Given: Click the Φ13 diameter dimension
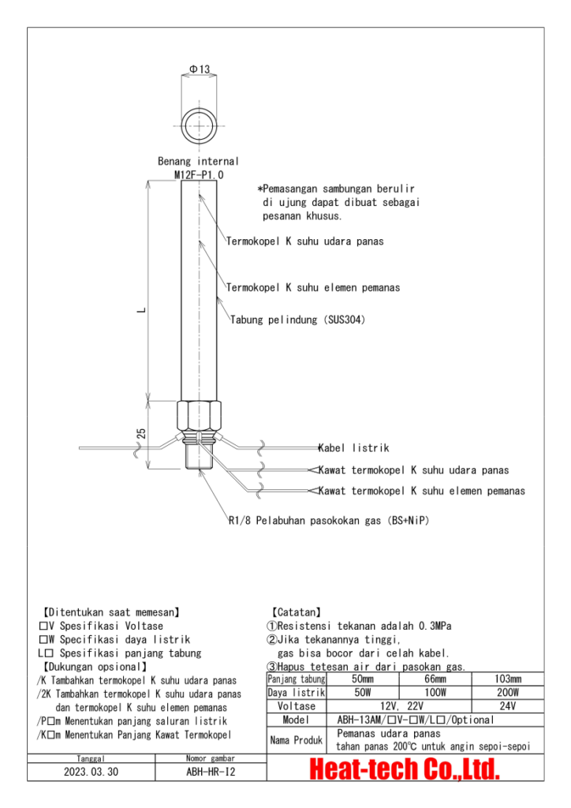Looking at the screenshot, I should (200, 69).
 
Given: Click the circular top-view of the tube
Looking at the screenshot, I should (200, 125).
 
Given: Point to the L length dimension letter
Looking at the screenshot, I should (140, 309).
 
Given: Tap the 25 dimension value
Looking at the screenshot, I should (141, 433).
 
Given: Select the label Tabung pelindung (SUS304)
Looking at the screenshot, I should (298, 320).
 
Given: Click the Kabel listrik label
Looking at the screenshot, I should (353, 447).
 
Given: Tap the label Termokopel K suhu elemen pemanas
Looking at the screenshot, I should (313, 287).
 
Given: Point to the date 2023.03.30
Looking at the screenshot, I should (91, 772).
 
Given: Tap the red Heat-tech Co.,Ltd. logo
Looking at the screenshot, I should (405, 769).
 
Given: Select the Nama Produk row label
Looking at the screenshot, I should (296, 739).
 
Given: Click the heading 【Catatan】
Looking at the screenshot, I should (297, 612).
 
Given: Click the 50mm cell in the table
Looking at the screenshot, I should (363, 679).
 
